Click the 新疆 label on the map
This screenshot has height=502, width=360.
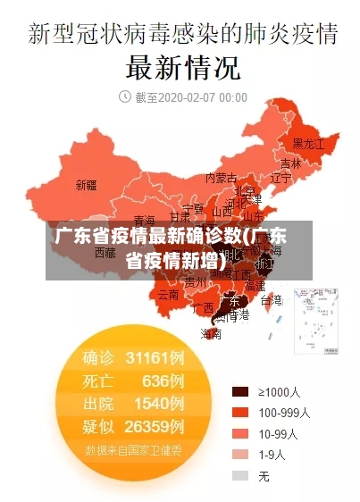coord(86,186)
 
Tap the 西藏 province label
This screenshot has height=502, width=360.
coord(105,253)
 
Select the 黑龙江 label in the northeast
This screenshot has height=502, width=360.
coord(309,143)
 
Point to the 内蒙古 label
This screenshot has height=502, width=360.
coord(222,178)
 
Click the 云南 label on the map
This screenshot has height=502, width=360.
coord(168,294)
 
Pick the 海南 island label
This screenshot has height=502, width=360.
coord(211,334)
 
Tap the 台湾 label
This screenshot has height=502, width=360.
coord(271,300)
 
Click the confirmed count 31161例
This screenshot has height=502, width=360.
coord(155,358)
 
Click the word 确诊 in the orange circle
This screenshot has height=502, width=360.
coord(98,358)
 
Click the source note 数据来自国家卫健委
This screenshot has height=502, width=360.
coord(134,449)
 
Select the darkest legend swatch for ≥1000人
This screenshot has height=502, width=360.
coord(239,391)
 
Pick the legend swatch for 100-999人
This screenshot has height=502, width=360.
coord(239,413)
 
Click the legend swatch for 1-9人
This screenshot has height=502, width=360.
coord(239,455)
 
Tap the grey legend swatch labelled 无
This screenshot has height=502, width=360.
coord(239,476)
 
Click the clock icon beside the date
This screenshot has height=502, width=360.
coord(124,96)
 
